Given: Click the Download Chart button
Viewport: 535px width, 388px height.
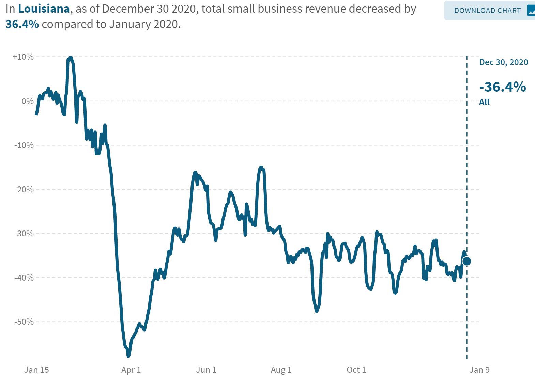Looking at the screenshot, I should (489, 11).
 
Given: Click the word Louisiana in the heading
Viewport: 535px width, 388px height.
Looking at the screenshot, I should (44, 9).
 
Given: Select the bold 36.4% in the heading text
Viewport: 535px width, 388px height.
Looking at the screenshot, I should (22, 24).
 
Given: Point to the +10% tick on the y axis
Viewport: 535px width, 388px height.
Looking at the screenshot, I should (23, 57).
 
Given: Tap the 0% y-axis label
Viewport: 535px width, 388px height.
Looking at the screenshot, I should (27, 101).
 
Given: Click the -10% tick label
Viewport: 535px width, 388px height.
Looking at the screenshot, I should (24, 145).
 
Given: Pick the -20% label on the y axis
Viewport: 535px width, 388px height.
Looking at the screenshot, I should (24, 190).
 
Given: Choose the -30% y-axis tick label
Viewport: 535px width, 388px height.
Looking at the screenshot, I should (24, 234).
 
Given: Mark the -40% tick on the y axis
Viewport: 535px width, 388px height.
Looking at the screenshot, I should (24, 278).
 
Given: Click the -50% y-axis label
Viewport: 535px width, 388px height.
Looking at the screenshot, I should (24, 322).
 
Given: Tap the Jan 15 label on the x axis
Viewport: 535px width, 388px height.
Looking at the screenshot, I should (36, 370).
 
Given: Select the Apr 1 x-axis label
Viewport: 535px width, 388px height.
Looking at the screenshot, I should (131, 370).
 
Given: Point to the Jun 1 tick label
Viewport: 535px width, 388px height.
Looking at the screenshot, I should (206, 370).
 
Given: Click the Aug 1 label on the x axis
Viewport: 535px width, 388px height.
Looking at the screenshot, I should (281, 370).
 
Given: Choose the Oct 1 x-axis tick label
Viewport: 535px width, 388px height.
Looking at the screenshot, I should (356, 370).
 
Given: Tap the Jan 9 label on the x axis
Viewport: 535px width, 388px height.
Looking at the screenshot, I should (479, 370).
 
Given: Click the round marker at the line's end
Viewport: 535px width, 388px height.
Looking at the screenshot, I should (467, 261).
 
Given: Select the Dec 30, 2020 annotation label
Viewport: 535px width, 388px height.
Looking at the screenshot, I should (503, 62).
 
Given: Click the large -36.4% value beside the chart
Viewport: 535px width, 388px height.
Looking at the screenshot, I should (502, 87).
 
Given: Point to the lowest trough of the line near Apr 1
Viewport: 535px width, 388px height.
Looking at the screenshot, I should (128, 356).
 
